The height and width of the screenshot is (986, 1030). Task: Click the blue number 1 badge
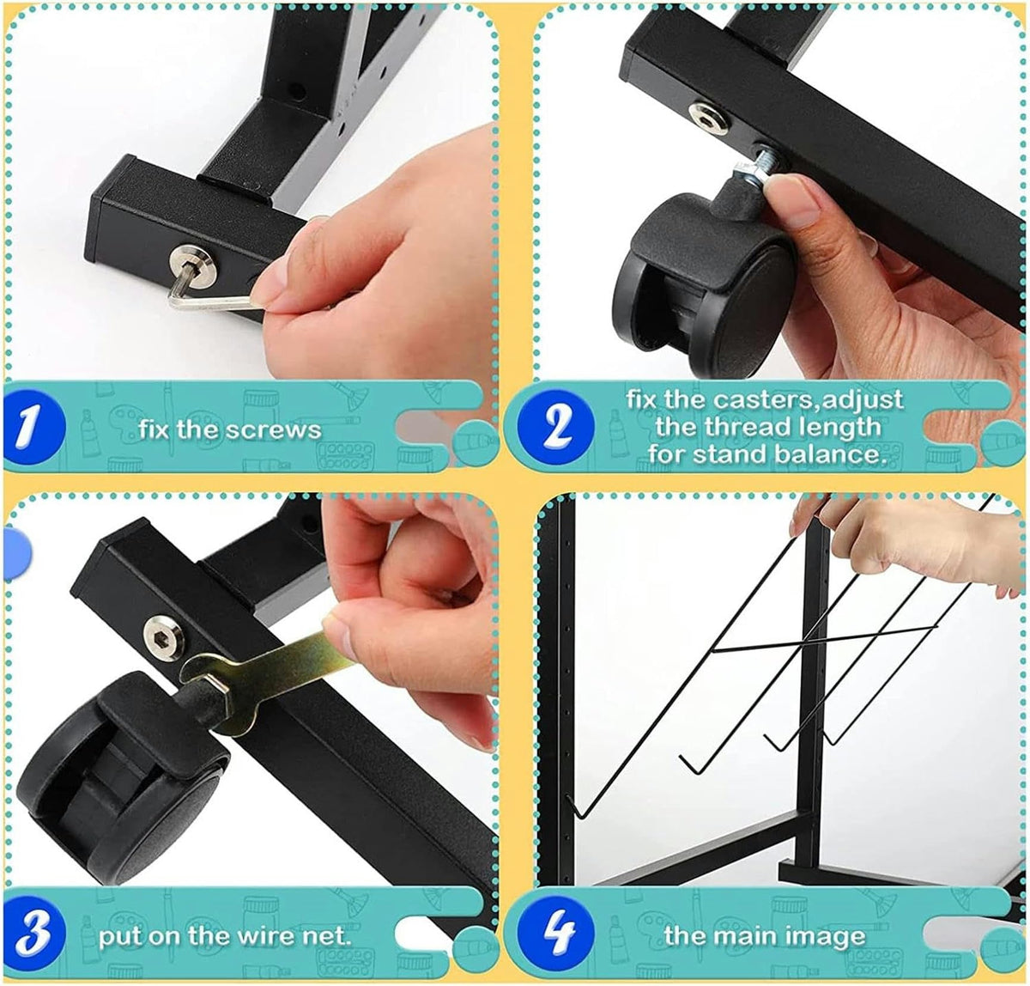[x=33, y=426]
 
